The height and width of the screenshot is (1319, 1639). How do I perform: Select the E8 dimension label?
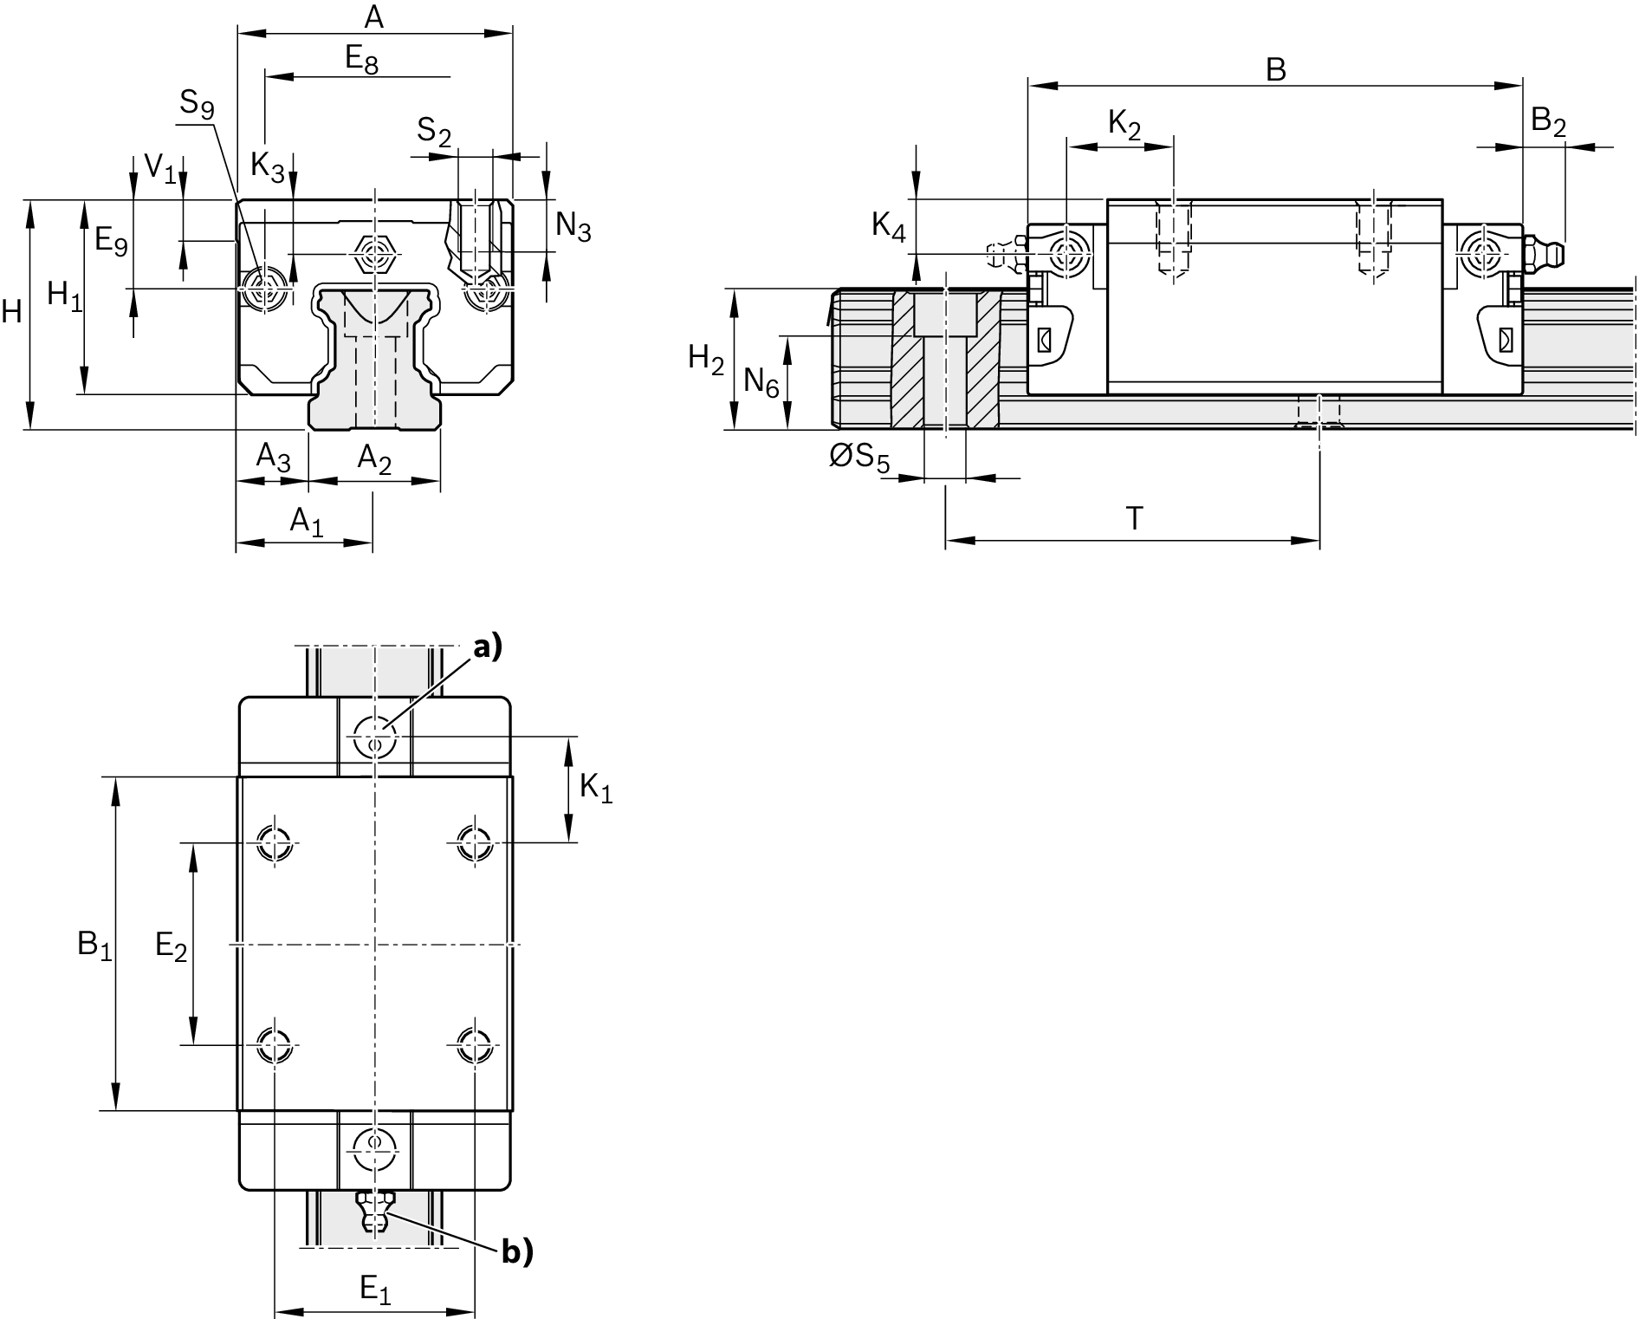tap(362, 60)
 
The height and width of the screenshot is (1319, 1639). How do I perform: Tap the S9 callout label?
tap(197, 105)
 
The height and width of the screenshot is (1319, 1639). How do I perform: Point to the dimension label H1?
tap(65, 296)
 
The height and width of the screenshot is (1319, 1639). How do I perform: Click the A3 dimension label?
tap(273, 456)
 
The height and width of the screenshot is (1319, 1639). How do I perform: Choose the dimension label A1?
tap(306, 522)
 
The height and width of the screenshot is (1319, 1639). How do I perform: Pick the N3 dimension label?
tap(573, 226)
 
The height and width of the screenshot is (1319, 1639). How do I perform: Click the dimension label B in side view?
tap(1275, 69)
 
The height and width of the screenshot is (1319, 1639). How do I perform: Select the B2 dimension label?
tap(1548, 122)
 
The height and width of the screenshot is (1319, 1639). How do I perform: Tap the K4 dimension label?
tap(889, 227)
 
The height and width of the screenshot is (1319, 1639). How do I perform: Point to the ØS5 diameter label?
tap(859, 458)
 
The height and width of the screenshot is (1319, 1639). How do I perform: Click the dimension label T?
tap(1134, 518)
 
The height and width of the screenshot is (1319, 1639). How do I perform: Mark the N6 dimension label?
tap(761, 382)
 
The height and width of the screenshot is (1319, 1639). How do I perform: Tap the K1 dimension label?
tap(596, 789)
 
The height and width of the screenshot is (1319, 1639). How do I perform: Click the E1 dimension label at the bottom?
tap(375, 1290)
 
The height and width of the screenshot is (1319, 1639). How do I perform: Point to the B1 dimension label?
tap(94, 945)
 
